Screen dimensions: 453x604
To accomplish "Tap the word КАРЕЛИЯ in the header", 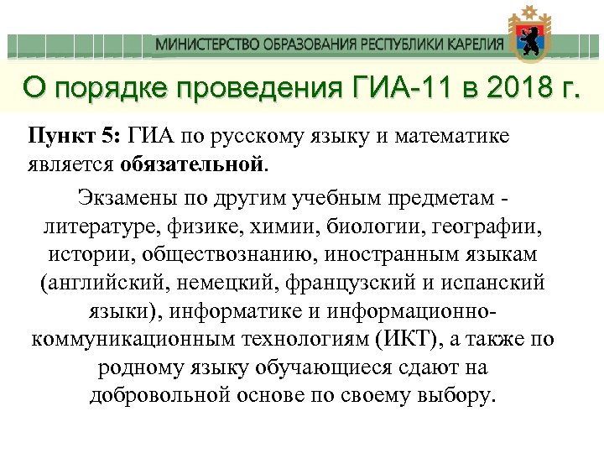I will [475, 44].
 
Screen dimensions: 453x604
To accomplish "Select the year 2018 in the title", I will [513, 86].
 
